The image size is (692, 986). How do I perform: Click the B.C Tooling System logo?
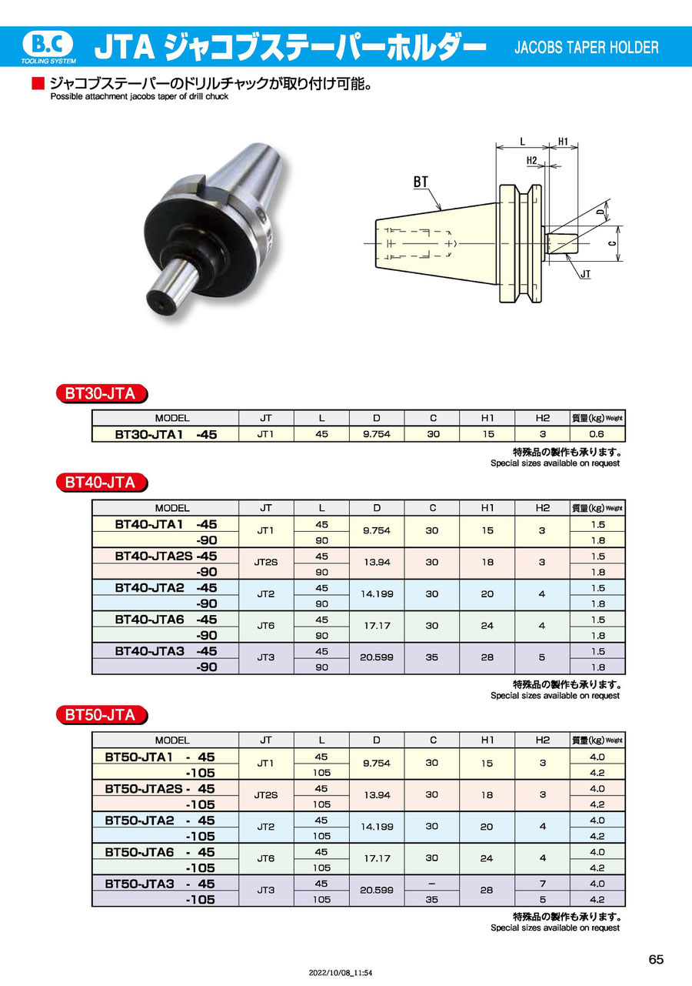coord(48,47)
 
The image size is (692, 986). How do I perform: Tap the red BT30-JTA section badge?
coord(101,393)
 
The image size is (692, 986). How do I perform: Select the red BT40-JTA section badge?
coord(101,483)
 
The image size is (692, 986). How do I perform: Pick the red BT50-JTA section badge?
coord(101,715)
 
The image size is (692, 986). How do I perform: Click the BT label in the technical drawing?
coord(421,182)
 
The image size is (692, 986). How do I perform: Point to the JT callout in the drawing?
coord(585,274)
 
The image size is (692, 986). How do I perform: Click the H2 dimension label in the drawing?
coord(532,161)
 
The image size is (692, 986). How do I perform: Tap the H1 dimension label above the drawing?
coord(563,142)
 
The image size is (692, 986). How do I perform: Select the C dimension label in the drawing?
coord(614,243)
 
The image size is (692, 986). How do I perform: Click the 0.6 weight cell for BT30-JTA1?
coord(597,434)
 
